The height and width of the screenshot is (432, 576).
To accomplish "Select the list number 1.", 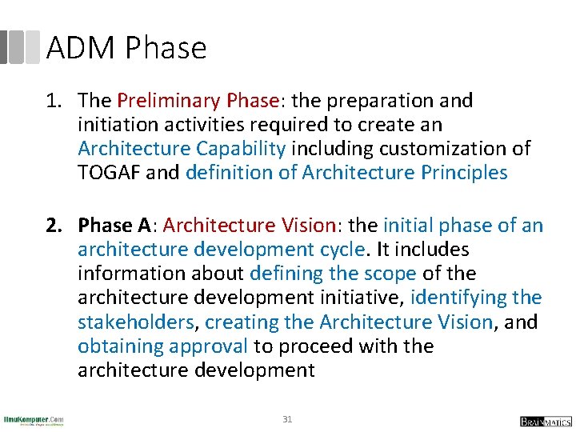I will click(53, 101).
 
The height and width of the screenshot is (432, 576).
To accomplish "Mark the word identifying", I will click(458, 298).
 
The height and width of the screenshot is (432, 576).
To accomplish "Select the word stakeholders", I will click(135, 322).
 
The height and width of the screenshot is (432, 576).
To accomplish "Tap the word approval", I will click(210, 346).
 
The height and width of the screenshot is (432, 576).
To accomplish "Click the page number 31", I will click(287, 418).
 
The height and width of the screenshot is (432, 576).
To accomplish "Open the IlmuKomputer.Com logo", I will click(33, 421).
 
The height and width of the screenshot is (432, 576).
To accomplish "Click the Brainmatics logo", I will click(544, 421).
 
